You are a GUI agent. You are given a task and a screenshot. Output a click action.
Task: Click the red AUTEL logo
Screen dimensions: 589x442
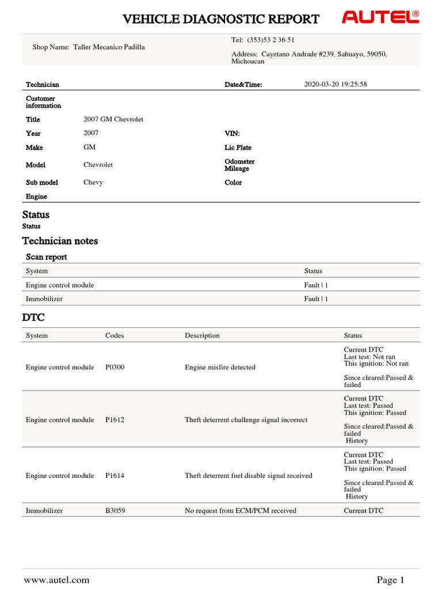coord(380,18)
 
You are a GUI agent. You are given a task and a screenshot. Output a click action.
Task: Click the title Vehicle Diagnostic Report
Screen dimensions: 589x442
coord(221,19)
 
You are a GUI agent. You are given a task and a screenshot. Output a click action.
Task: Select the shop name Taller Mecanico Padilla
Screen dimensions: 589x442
coord(109,47)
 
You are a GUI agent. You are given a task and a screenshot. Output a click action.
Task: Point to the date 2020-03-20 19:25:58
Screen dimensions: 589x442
coord(335,85)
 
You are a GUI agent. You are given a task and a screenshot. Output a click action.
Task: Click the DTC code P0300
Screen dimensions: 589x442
coord(115,367)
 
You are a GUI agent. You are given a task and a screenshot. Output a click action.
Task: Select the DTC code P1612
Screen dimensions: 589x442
coord(115,420)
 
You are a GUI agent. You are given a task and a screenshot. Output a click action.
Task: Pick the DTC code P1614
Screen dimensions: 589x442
coord(115,476)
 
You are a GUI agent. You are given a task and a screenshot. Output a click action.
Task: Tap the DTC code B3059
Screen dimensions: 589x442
coord(115,510)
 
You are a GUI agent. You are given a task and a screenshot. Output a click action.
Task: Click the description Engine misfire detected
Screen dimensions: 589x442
coord(220,367)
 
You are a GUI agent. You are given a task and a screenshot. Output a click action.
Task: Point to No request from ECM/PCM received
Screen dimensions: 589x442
coord(240,510)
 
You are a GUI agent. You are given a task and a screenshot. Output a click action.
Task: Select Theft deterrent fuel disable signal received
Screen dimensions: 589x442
coord(248,476)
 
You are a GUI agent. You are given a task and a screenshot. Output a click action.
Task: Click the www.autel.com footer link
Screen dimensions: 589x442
coord(56,580)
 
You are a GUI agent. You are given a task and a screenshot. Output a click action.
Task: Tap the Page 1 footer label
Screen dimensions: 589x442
coord(391,580)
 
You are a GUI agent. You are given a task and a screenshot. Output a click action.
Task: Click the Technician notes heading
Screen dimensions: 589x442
coord(60,241)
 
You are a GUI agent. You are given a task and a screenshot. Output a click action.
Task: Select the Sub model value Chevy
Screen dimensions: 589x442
coord(93,182)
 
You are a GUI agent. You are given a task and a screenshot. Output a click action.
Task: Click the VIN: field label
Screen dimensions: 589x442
coord(232,133)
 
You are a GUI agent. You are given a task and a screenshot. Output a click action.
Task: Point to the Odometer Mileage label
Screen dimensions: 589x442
coord(239,165)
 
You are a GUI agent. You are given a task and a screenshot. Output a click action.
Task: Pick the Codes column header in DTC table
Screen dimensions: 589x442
coord(115,335)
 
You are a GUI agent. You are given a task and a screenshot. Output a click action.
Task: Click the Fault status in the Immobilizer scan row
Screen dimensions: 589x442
coord(316,299)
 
